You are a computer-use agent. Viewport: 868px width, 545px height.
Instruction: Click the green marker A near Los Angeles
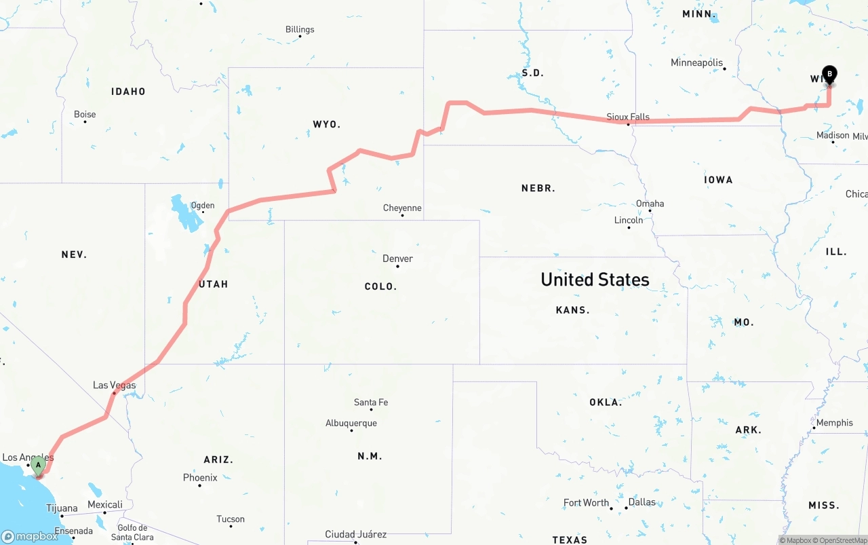(x=39, y=466)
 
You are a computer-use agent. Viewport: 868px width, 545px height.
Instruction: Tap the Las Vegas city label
(x=114, y=386)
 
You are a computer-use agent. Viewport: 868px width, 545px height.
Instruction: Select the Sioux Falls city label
(x=629, y=117)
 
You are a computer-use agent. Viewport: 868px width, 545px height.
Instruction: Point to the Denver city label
(x=397, y=259)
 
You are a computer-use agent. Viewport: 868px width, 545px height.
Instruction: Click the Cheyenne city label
(x=402, y=208)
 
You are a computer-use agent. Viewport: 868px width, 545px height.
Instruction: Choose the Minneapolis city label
(x=696, y=62)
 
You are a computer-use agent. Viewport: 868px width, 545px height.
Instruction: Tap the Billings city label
(x=300, y=29)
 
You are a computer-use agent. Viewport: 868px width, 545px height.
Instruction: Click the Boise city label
(x=85, y=114)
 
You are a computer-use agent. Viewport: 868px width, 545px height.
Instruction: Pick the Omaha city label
(x=650, y=204)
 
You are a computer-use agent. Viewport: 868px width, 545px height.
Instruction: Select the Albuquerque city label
(x=351, y=423)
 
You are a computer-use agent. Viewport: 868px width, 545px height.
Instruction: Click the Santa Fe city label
(x=371, y=402)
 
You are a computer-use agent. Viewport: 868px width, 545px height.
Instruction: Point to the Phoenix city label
(x=200, y=478)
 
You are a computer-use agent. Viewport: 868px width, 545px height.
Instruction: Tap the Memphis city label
(x=834, y=423)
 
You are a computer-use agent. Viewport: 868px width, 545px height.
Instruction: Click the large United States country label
(x=595, y=279)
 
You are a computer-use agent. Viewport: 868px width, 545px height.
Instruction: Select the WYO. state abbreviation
(x=327, y=124)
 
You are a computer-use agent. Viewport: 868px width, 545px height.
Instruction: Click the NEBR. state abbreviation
(x=538, y=188)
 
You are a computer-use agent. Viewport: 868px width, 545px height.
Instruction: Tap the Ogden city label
(x=202, y=205)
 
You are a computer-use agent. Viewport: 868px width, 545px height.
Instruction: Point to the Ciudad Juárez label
(x=355, y=534)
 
